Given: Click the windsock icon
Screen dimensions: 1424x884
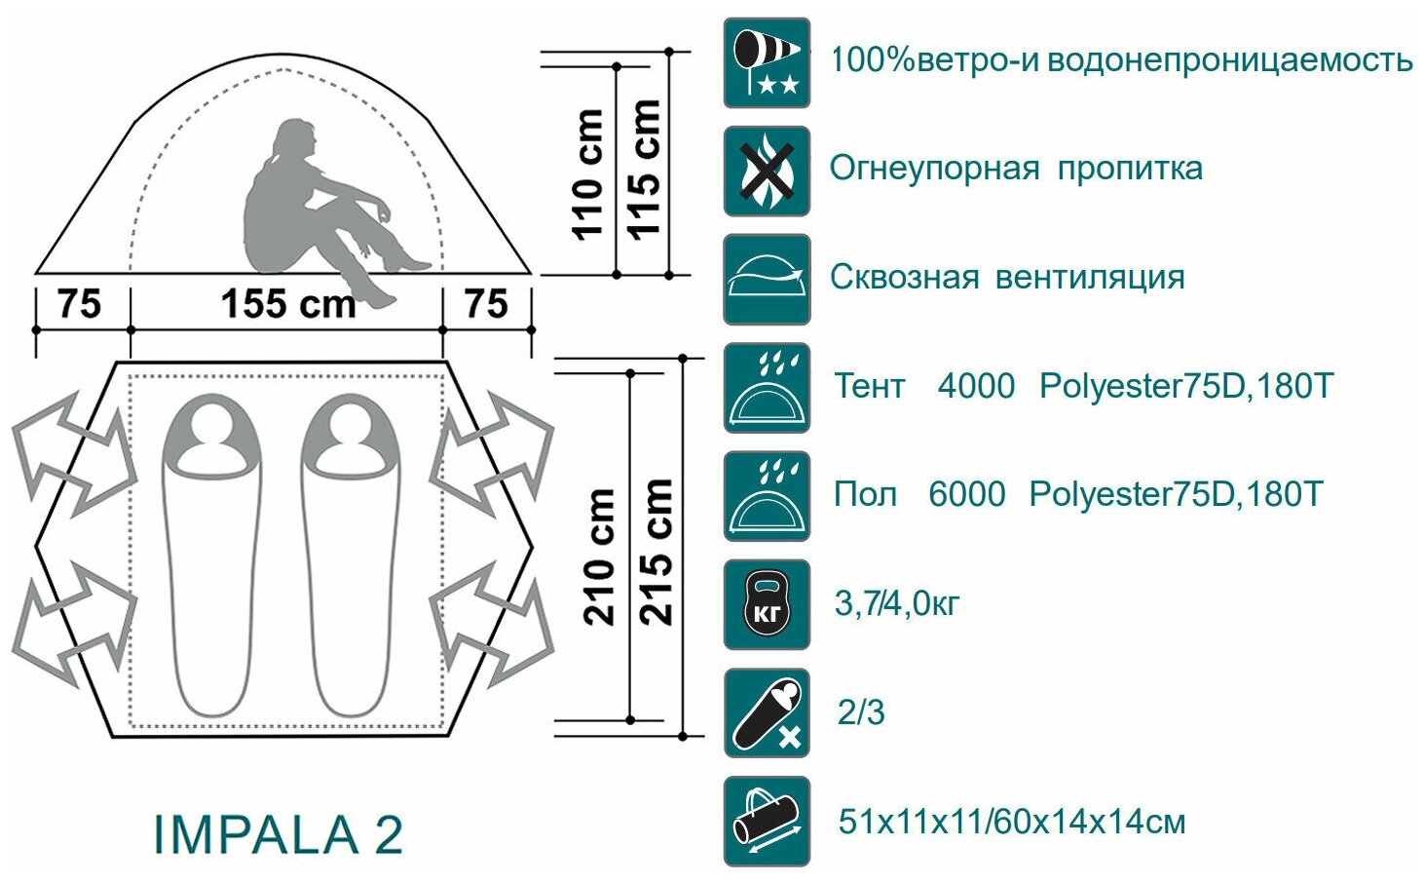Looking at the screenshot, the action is [x=767, y=62].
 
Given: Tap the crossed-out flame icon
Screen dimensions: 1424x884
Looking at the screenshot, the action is [x=767, y=172].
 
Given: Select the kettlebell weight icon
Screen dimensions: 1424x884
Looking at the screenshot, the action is [x=767, y=604].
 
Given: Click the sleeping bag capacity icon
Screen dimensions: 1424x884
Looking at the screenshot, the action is [x=767, y=713].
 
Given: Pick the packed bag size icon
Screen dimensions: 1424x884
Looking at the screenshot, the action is [x=767, y=822].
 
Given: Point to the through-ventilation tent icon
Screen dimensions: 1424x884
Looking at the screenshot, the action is [x=767, y=280].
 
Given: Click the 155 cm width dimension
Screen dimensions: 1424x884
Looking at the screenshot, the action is [x=287, y=303].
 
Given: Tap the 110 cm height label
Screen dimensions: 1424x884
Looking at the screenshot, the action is [x=587, y=173].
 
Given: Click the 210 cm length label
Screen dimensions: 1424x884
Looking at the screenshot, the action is [x=600, y=556].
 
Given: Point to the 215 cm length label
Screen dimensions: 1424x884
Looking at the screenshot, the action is [x=656, y=552].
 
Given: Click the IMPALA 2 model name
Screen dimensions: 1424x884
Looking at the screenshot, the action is [x=278, y=835].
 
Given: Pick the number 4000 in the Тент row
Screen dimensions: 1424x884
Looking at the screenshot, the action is [x=976, y=387].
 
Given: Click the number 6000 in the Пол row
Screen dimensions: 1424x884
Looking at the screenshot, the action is [x=966, y=495].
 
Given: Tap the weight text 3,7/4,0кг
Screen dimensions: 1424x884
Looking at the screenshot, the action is [x=896, y=604].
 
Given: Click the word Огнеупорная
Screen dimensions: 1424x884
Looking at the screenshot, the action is [x=934, y=169].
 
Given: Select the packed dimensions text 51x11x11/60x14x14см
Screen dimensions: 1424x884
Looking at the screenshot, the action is [x=1012, y=822].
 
